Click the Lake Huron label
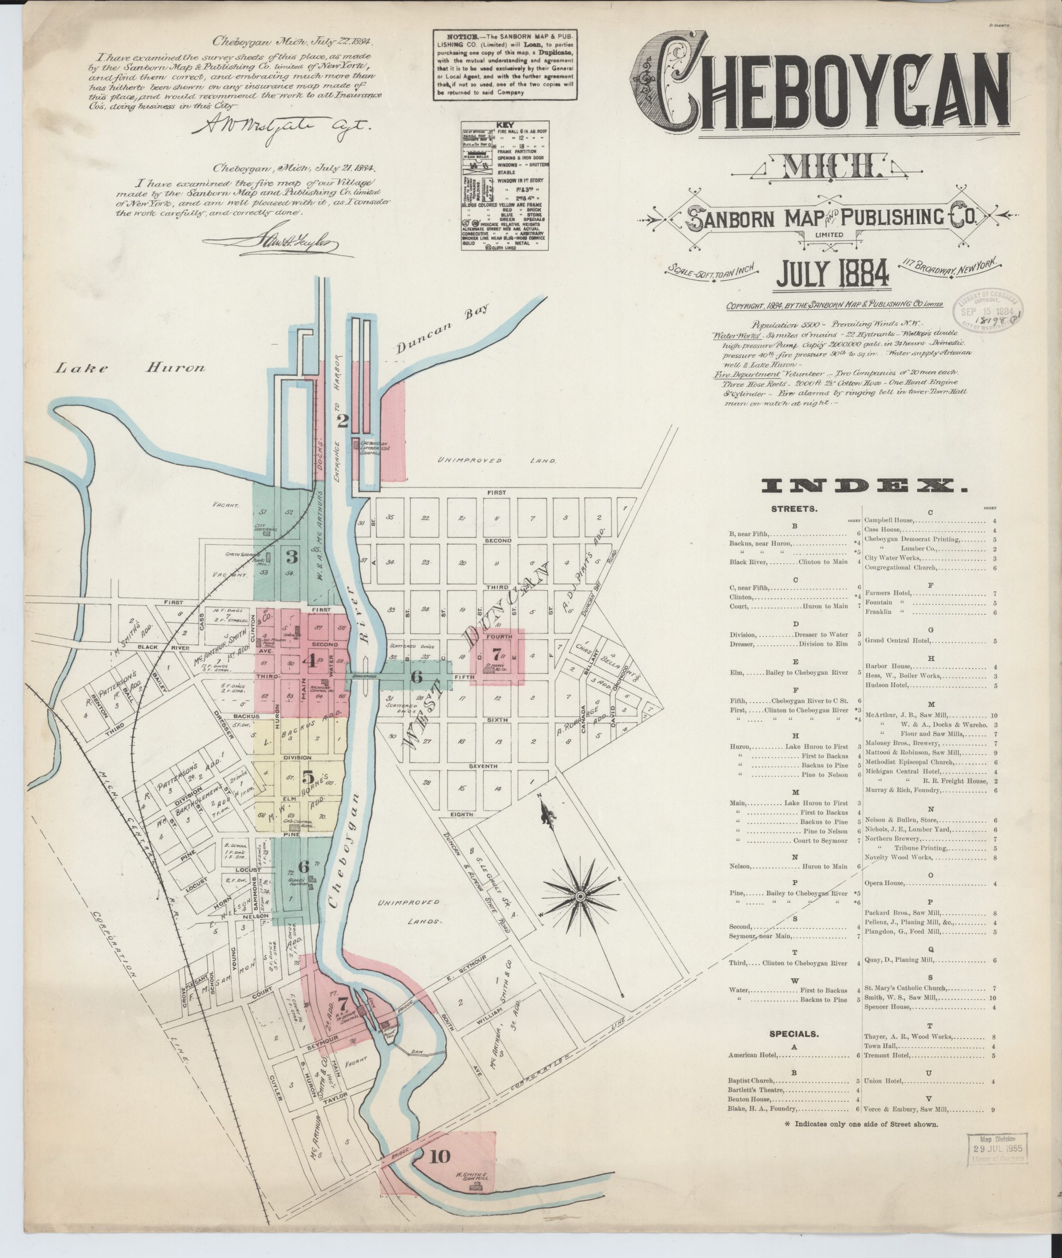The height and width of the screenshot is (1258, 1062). click(x=130, y=368)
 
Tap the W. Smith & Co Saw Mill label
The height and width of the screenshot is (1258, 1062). click(x=477, y=1175)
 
